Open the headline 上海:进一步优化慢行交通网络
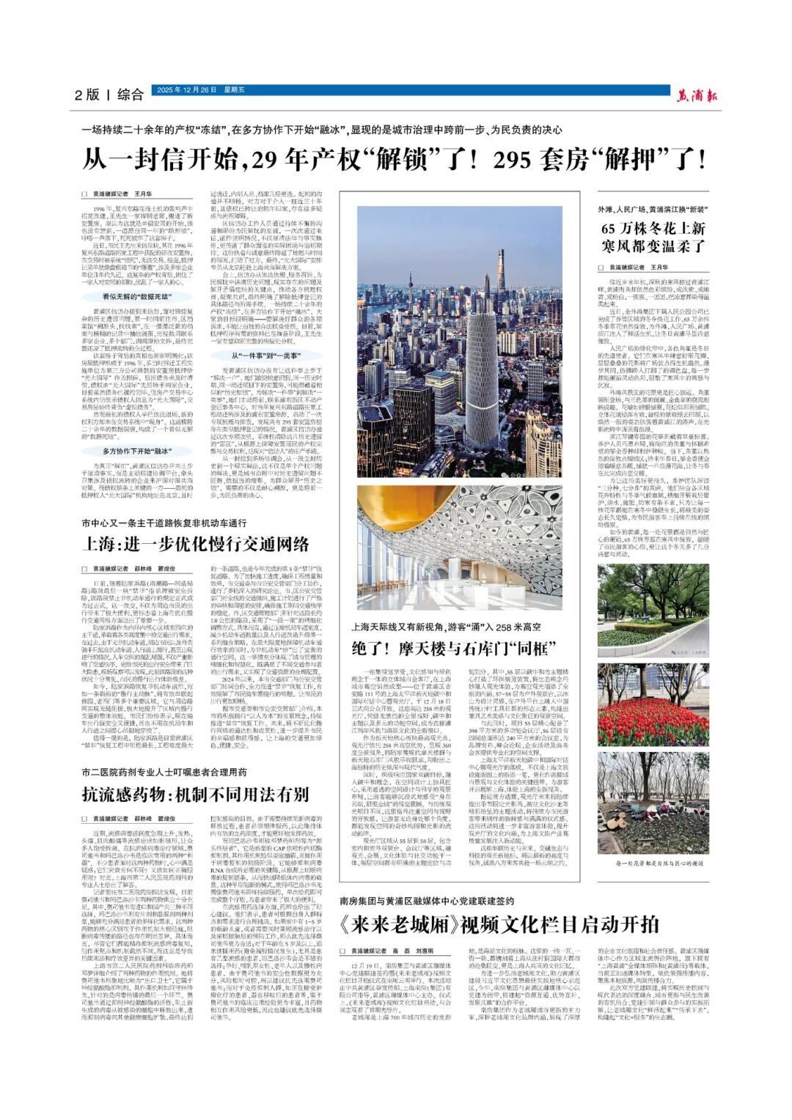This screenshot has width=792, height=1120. (x=195, y=543)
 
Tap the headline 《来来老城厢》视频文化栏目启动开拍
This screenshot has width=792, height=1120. (x=499, y=924)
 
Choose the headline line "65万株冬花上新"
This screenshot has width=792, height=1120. (x=653, y=229)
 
